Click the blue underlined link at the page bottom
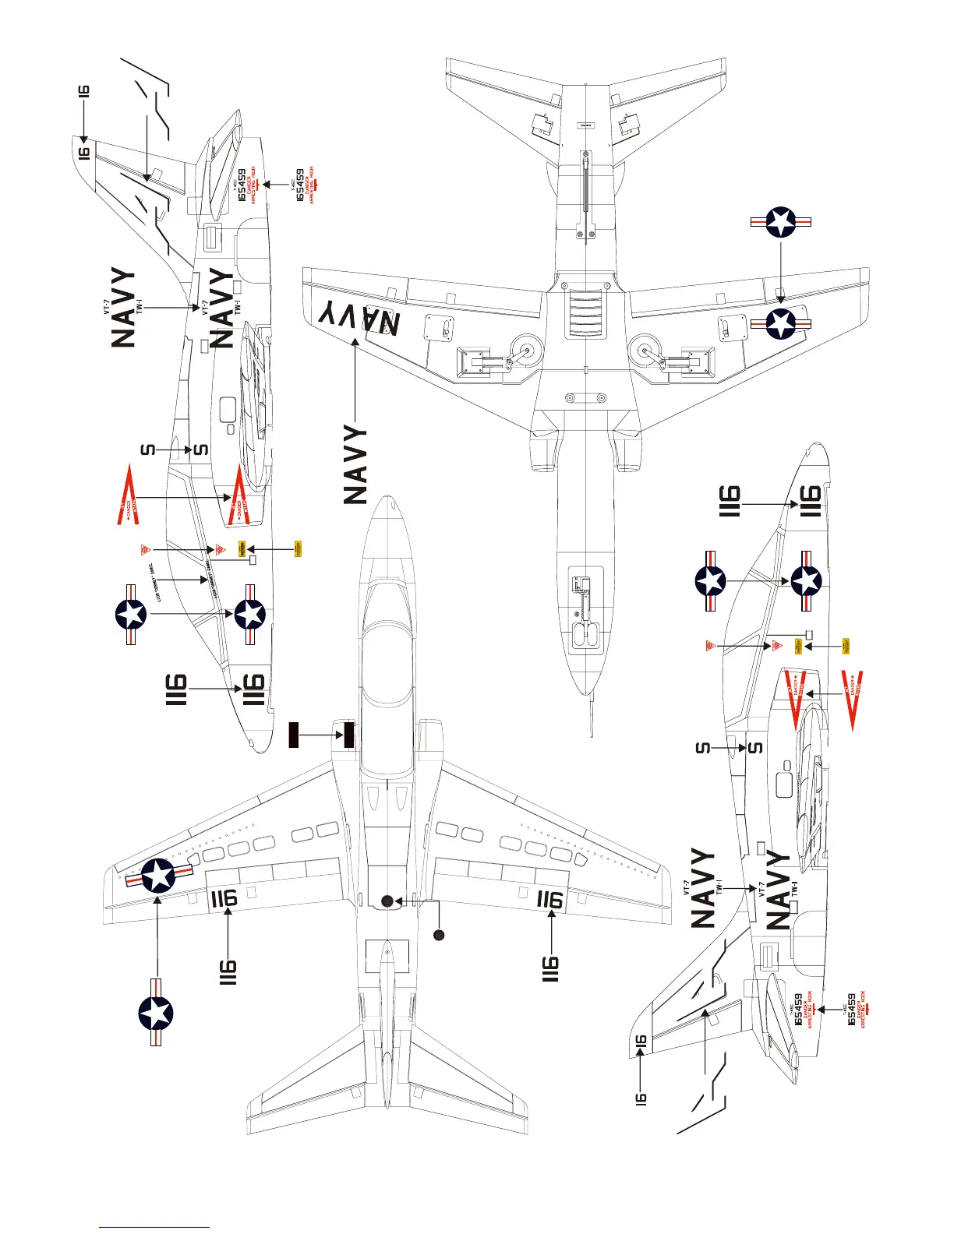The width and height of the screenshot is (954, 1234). [x=154, y=1227]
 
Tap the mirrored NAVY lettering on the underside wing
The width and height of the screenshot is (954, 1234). [x=359, y=318]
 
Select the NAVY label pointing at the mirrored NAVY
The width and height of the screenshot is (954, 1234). [x=355, y=465]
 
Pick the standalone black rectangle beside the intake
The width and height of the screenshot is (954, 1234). [x=294, y=735]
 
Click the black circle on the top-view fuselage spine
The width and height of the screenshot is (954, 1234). [x=387, y=901]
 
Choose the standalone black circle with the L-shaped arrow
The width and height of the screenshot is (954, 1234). [x=439, y=934]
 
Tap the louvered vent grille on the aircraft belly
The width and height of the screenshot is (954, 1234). [x=585, y=313]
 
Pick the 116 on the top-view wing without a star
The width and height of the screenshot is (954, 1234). [x=549, y=900]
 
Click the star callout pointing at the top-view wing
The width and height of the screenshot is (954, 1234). [x=156, y=1014]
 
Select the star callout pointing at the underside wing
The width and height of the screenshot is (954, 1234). [x=781, y=222]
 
